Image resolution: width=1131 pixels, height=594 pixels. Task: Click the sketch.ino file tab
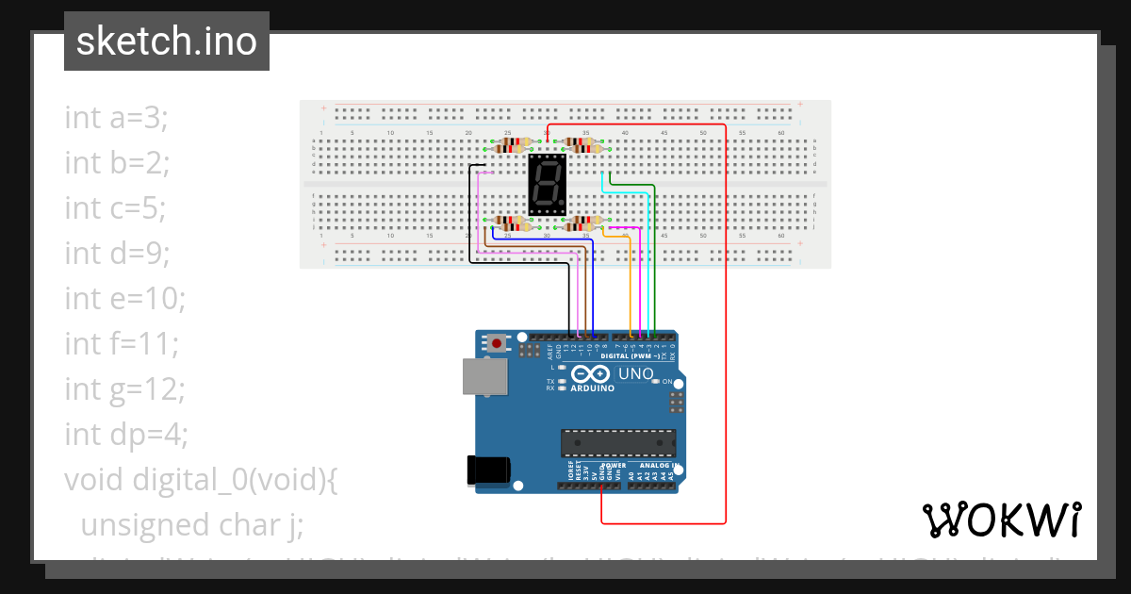click(x=167, y=41)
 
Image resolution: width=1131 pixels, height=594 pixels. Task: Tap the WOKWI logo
click(x=1001, y=520)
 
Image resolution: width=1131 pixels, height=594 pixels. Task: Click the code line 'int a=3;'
click(x=116, y=118)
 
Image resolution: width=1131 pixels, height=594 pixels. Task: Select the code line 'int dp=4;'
click(x=126, y=435)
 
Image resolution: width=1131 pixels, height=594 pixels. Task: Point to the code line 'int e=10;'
click(x=125, y=299)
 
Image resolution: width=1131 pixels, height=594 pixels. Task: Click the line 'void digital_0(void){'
click(x=201, y=480)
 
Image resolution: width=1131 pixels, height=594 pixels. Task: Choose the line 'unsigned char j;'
click(x=191, y=525)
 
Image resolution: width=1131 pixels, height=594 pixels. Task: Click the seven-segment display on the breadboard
click(x=547, y=185)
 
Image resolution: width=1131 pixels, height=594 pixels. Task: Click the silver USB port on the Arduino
click(x=484, y=376)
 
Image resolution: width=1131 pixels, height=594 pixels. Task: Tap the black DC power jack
click(x=489, y=470)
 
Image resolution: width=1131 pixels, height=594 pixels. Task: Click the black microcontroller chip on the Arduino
click(x=618, y=443)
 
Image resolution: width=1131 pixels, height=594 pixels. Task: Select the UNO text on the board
click(x=635, y=374)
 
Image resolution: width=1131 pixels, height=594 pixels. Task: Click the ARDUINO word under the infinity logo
click(x=591, y=388)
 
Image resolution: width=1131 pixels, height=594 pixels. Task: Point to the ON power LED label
click(x=667, y=381)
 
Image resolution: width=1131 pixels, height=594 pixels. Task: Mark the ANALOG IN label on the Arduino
click(x=659, y=466)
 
